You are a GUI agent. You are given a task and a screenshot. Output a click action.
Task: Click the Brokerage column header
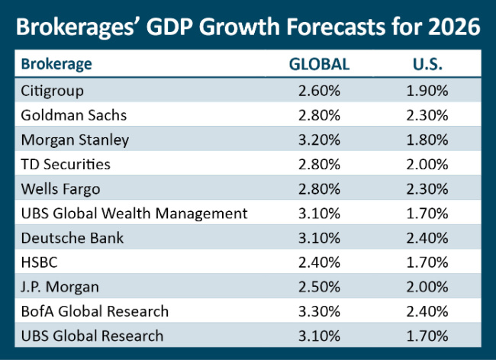coord(56,64)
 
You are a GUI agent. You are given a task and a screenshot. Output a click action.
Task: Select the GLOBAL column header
coord(318,64)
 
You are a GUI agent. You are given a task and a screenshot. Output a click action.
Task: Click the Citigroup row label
coord(53,91)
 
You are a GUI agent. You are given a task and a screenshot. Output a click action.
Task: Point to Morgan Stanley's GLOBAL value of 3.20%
coord(318,140)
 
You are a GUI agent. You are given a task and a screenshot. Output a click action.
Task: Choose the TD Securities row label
coord(66,164)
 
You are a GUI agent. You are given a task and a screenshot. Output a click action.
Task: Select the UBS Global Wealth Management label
coord(134,213)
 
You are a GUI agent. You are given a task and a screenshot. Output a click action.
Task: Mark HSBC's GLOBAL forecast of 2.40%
coord(318,262)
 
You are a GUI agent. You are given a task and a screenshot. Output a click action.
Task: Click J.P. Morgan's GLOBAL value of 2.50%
coord(318,287)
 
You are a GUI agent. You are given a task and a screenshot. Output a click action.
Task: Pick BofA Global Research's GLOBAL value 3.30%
coord(318,311)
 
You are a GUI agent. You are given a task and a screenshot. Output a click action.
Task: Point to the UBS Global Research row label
coord(92,336)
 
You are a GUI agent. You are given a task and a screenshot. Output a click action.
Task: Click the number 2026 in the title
coord(455,27)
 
